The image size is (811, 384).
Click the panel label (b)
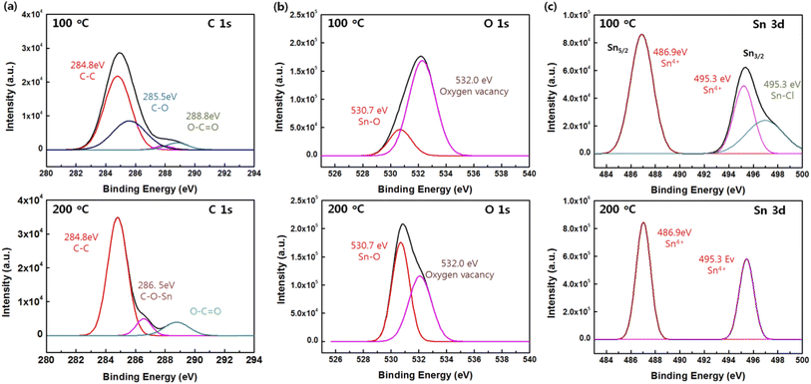[x=279, y=8]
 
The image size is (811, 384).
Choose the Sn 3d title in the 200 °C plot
[x=771, y=212]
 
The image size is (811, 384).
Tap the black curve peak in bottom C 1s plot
[x=118, y=217]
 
